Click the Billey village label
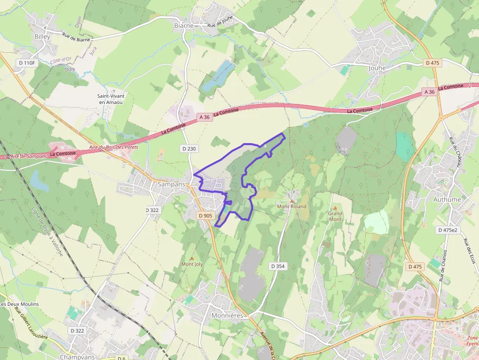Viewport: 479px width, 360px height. [43, 37]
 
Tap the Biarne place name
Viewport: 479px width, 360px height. [184, 25]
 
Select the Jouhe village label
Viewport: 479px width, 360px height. [377, 68]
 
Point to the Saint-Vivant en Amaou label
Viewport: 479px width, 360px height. [109, 99]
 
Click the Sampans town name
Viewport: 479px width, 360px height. [172, 184]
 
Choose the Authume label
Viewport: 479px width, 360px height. [447, 199]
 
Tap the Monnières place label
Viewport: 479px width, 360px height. [227, 316]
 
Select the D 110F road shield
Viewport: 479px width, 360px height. [27, 63]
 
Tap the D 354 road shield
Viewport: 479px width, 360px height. [278, 266]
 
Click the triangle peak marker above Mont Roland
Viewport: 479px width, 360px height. [292, 201]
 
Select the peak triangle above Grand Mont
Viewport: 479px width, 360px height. [335, 208]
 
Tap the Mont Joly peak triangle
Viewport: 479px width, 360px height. [192, 258]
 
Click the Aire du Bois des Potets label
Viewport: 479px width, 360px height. [114, 147]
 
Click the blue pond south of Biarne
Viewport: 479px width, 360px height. [217, 76]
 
